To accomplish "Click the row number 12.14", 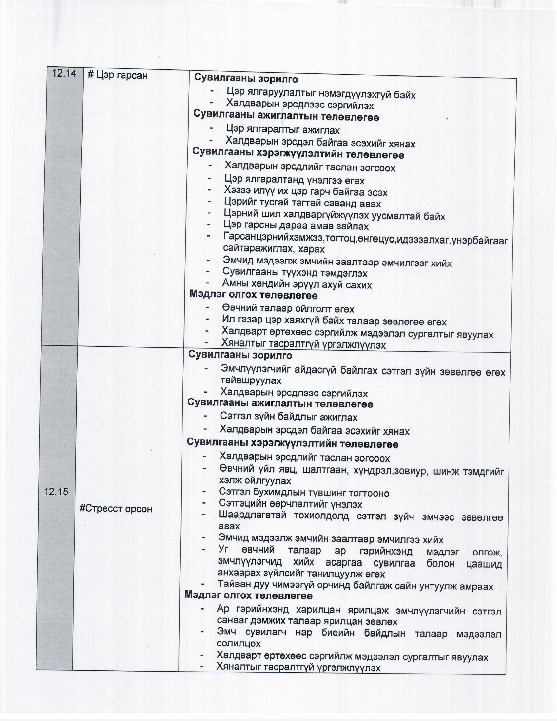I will [x=64, y=74].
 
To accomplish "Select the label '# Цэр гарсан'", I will [x=118, y=76].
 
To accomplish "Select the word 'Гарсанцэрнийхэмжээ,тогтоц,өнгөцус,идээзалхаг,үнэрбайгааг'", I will [x=365, y=239].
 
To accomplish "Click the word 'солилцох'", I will [x=239, y=643].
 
